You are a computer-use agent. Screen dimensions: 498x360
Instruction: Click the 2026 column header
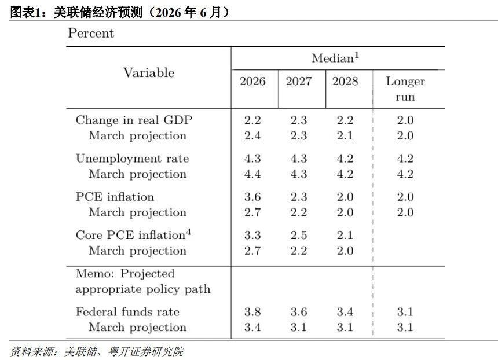click(252, 81)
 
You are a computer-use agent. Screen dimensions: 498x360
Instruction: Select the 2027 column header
click(299, 81)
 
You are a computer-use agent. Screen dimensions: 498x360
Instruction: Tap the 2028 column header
click(345, 81)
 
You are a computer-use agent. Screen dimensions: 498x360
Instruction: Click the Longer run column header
click(405, 89)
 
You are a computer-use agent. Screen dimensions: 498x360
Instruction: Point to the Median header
click(335, 58)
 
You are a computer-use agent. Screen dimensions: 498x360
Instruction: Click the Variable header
click(149, 73)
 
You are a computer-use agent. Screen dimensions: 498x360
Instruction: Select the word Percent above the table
click(91, 33)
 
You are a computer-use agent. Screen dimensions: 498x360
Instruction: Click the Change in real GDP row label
click(134, 120)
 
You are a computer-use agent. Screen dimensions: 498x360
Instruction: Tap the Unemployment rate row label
click(133, 159)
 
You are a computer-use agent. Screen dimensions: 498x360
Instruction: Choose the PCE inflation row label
click(115, 197)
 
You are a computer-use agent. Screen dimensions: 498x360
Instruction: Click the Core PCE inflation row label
click(133, 234)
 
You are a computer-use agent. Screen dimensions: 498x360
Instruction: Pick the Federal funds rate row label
click(127, 312)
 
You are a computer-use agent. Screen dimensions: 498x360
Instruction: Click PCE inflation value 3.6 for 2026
click(252, 197)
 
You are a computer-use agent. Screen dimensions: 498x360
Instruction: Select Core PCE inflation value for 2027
click(299, 235)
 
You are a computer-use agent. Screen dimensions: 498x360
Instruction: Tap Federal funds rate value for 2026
click(252, 312)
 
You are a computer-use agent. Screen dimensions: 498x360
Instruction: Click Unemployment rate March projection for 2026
click(252, 174)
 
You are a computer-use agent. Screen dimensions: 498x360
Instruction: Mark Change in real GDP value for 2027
click(299, 120)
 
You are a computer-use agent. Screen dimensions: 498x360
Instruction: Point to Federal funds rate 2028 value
click(345, 312)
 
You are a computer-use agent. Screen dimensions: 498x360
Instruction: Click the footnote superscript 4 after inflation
click(189, 232)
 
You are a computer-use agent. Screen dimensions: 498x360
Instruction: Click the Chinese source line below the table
click(97, 351)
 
